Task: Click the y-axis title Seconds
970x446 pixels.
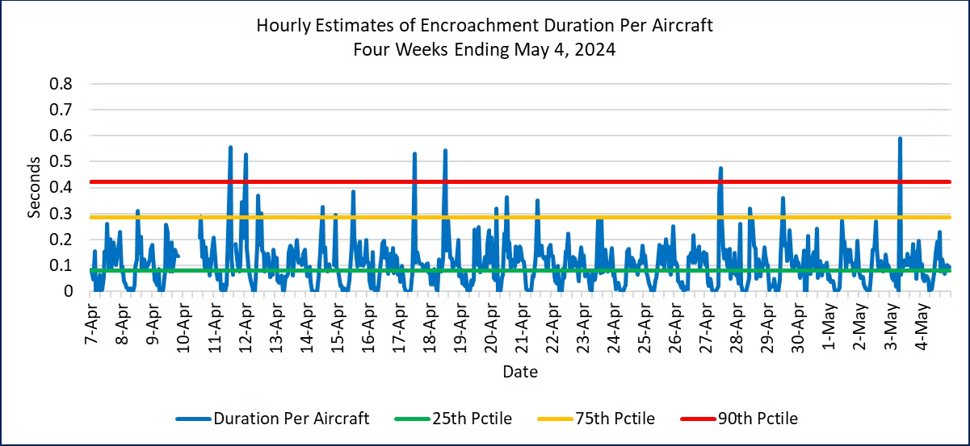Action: (35, 188)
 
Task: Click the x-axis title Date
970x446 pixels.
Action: (519, 373)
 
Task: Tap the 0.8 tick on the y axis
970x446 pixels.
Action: (62, 84)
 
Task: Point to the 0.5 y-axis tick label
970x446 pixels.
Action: (62, 162)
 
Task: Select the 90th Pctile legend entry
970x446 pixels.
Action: (758, 418)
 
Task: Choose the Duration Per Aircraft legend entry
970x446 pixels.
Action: (292, 418)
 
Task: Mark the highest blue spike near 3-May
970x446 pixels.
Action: (900, 139)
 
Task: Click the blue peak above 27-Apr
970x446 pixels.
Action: (720, 169)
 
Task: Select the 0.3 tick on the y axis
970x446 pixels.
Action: (62, 214)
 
